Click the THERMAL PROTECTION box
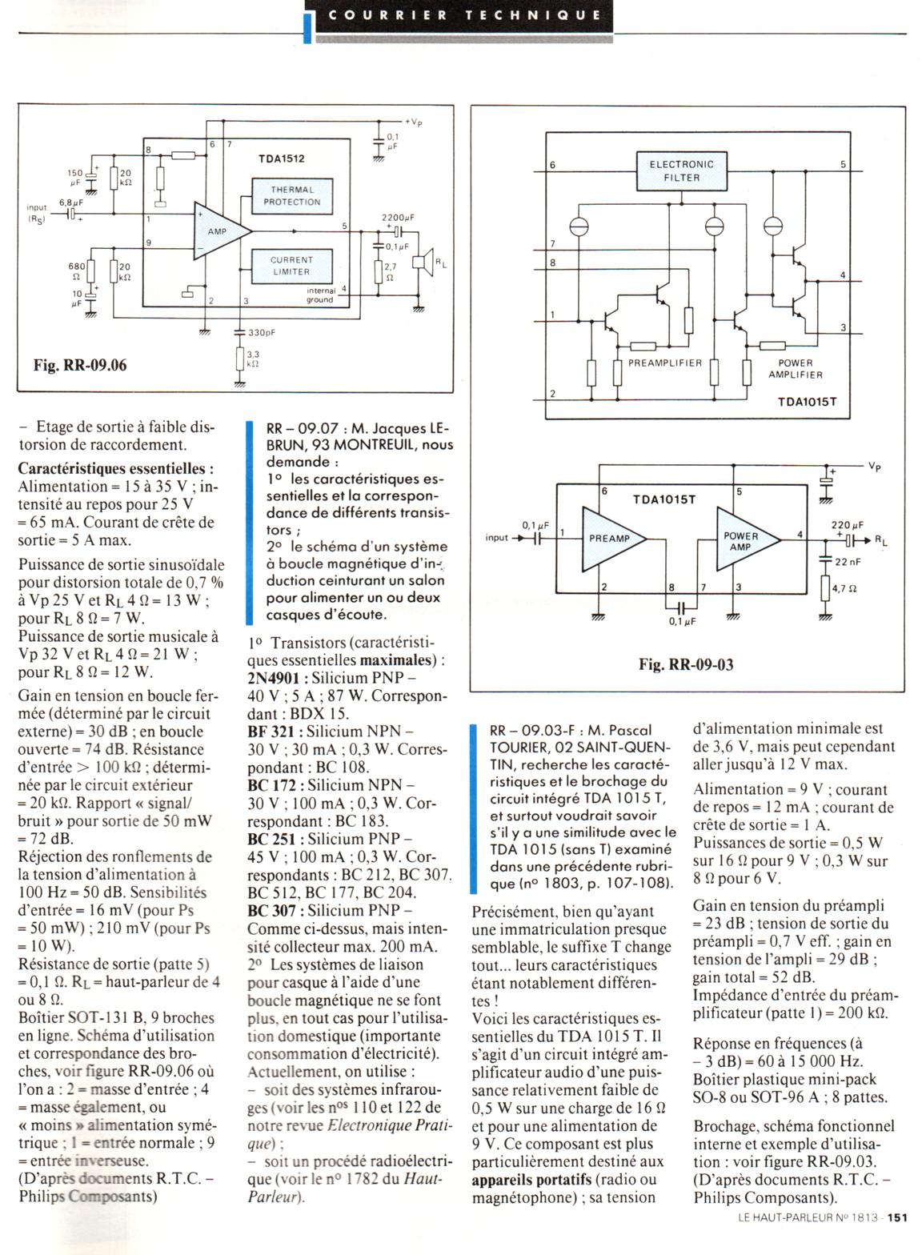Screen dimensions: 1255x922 291,196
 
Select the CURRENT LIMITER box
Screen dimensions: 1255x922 291,266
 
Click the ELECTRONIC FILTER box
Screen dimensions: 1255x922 681,171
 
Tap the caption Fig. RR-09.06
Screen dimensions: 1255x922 80,366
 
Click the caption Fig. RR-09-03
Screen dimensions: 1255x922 686,664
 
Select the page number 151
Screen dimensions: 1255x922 896,1241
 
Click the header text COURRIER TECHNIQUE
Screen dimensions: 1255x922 464,15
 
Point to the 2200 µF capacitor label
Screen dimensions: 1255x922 398,217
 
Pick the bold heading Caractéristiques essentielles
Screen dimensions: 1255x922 115,468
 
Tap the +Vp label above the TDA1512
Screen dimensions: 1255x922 414,122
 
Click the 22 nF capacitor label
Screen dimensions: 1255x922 848,562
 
